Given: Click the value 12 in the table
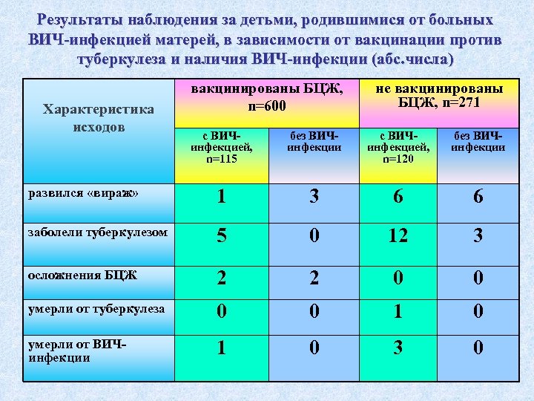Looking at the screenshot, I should click(398, 236).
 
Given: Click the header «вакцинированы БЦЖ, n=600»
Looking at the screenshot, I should click(267, 98).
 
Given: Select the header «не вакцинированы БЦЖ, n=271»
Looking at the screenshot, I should click(439, 95).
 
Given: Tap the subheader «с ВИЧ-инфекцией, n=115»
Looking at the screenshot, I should click(222, 147).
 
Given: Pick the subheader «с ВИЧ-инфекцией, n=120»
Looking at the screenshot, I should click(398, 147).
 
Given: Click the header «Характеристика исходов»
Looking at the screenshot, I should click(99, 118).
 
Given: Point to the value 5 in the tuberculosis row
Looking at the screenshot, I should click(222, 236).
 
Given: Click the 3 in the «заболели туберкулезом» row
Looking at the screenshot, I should click(478, 236).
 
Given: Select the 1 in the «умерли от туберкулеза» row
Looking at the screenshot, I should click(398, 312).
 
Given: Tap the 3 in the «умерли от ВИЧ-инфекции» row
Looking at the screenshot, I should click(398, 347).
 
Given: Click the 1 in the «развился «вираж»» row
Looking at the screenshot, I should click(222, 197).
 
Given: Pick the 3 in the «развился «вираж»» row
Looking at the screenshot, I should click(314, 197).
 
